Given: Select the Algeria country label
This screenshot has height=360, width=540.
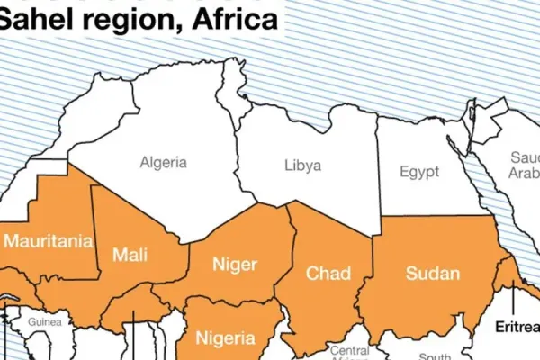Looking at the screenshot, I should [163, 163].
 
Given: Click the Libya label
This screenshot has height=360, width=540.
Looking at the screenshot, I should [302, 166].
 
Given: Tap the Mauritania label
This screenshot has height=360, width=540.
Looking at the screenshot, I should [49, 241].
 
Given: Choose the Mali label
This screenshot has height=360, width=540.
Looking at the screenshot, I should [130, 255].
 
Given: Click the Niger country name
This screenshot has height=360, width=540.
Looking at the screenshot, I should [234, 264].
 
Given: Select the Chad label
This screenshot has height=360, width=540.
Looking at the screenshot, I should [327, 272].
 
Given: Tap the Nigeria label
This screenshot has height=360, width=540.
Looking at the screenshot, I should [229, 338].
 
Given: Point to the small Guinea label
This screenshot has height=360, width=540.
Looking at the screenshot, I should [44, 321].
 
